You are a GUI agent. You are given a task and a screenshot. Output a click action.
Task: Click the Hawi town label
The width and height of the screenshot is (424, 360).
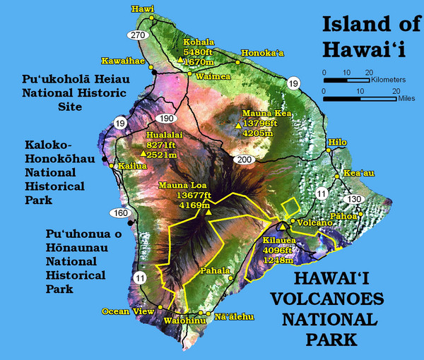(x=142, y=9)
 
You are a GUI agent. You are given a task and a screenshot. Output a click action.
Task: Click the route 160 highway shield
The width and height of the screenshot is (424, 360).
(x=118, y=212)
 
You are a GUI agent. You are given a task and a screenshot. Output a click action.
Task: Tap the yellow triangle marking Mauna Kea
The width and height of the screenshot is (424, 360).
(x=237, y=125)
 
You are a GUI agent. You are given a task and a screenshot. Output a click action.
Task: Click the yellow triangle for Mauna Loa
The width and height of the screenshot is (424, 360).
(x=208, y=210)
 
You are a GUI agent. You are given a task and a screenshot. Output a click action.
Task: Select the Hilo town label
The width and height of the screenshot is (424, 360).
(x=338, y=142)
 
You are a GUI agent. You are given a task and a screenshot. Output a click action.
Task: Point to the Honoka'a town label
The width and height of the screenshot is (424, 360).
(x=261, y=52)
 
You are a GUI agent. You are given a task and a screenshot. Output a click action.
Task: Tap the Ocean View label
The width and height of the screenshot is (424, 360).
(x=126, y=311)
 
